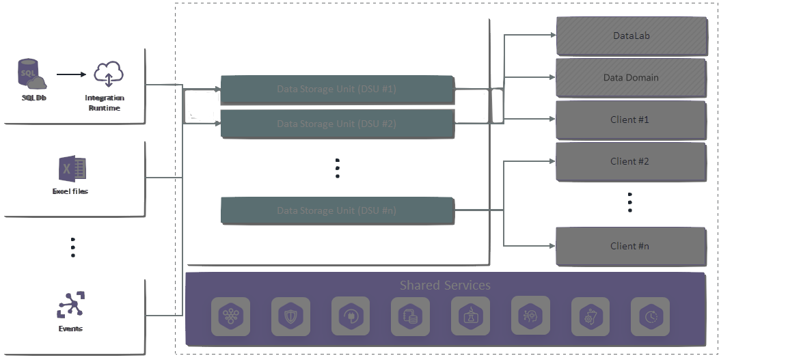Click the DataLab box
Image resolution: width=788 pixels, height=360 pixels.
click(631, 36)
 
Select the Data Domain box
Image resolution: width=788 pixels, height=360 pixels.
click(631, 78)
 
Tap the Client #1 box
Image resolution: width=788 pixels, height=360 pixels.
click(631, 120)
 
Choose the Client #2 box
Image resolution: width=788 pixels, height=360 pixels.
click(631, 162)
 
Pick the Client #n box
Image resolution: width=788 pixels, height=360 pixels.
click(631, 246)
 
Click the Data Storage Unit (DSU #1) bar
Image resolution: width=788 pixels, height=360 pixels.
click(337, 89)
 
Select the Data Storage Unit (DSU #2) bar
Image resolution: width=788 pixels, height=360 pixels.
click(337, 124)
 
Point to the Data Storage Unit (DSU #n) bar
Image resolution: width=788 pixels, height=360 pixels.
click(337, 210)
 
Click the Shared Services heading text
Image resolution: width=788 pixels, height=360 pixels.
click(445, 285)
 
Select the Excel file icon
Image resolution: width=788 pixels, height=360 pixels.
click(72, 168)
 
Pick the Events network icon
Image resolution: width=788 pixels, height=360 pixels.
click(70, 305)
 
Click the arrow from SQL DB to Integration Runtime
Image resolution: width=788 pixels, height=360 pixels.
click(69, 74)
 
